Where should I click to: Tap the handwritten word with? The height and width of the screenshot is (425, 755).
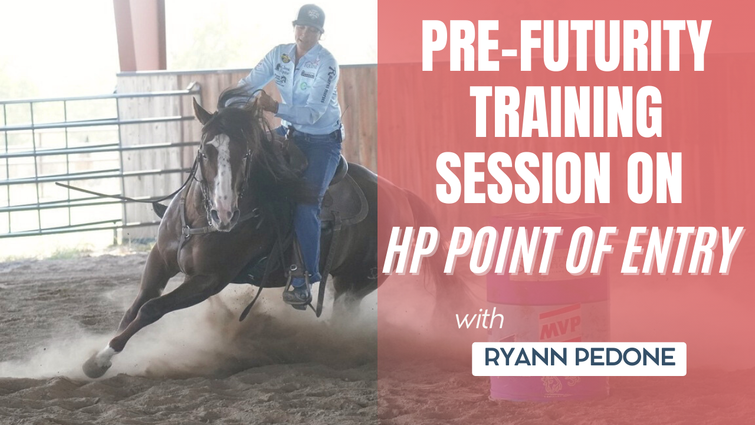pyautogui.click(x=480, y=321)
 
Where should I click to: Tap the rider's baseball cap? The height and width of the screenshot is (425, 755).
pyautogui.click(x=311, y=17)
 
